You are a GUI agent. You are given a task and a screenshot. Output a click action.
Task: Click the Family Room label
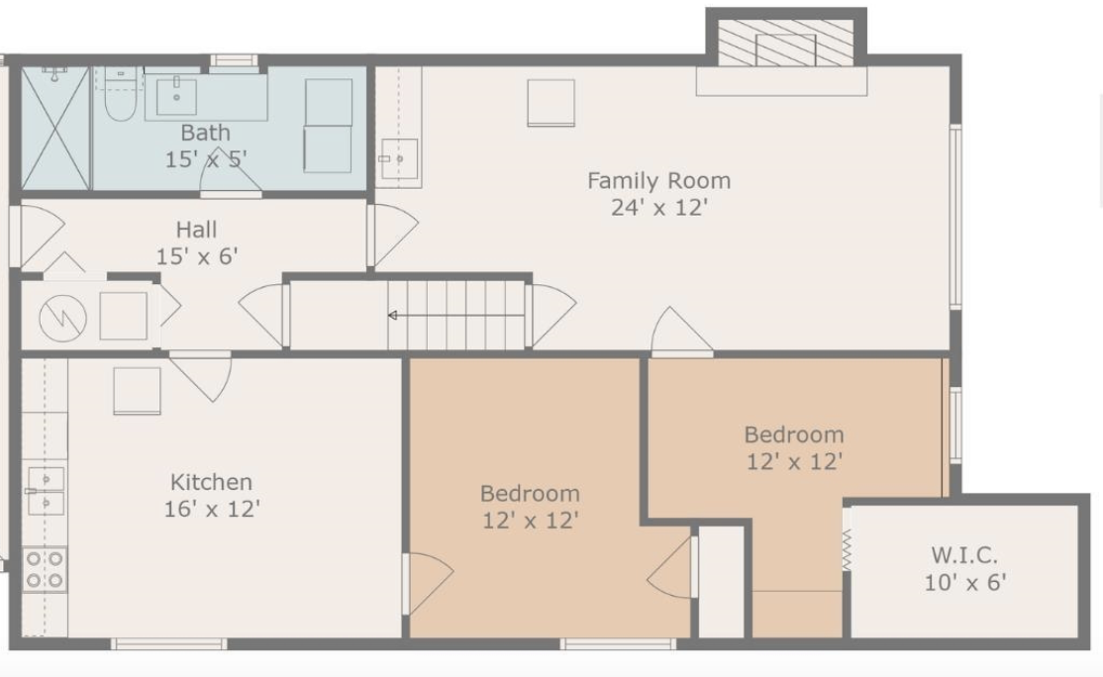coord(659,181)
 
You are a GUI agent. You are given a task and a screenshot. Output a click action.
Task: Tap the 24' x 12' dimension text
coord(659,208)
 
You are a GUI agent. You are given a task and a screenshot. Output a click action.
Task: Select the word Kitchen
coord(211,482)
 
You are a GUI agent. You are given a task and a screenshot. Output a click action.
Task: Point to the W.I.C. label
coord(964,555)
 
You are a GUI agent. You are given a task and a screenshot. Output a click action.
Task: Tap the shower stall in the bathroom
coord(55,128)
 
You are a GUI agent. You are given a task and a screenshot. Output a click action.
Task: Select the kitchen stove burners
coord(45,569)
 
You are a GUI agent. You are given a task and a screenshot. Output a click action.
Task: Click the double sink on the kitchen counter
coord(45,491)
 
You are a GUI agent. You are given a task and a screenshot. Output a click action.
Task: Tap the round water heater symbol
coord(62,317)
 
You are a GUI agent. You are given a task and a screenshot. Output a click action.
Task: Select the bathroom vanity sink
coord(176,96)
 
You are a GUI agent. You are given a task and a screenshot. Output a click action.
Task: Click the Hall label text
coord(196,230)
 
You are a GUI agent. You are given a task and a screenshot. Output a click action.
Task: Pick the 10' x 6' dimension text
coord(965,583)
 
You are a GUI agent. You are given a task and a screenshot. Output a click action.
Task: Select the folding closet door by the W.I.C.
coord(847,548)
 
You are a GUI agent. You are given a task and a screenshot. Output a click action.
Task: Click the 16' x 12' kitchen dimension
coord(212,509)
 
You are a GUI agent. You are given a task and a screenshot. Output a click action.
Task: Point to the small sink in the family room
coord(399,159)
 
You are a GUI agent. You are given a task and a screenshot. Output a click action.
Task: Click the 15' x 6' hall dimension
coord(197,256)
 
